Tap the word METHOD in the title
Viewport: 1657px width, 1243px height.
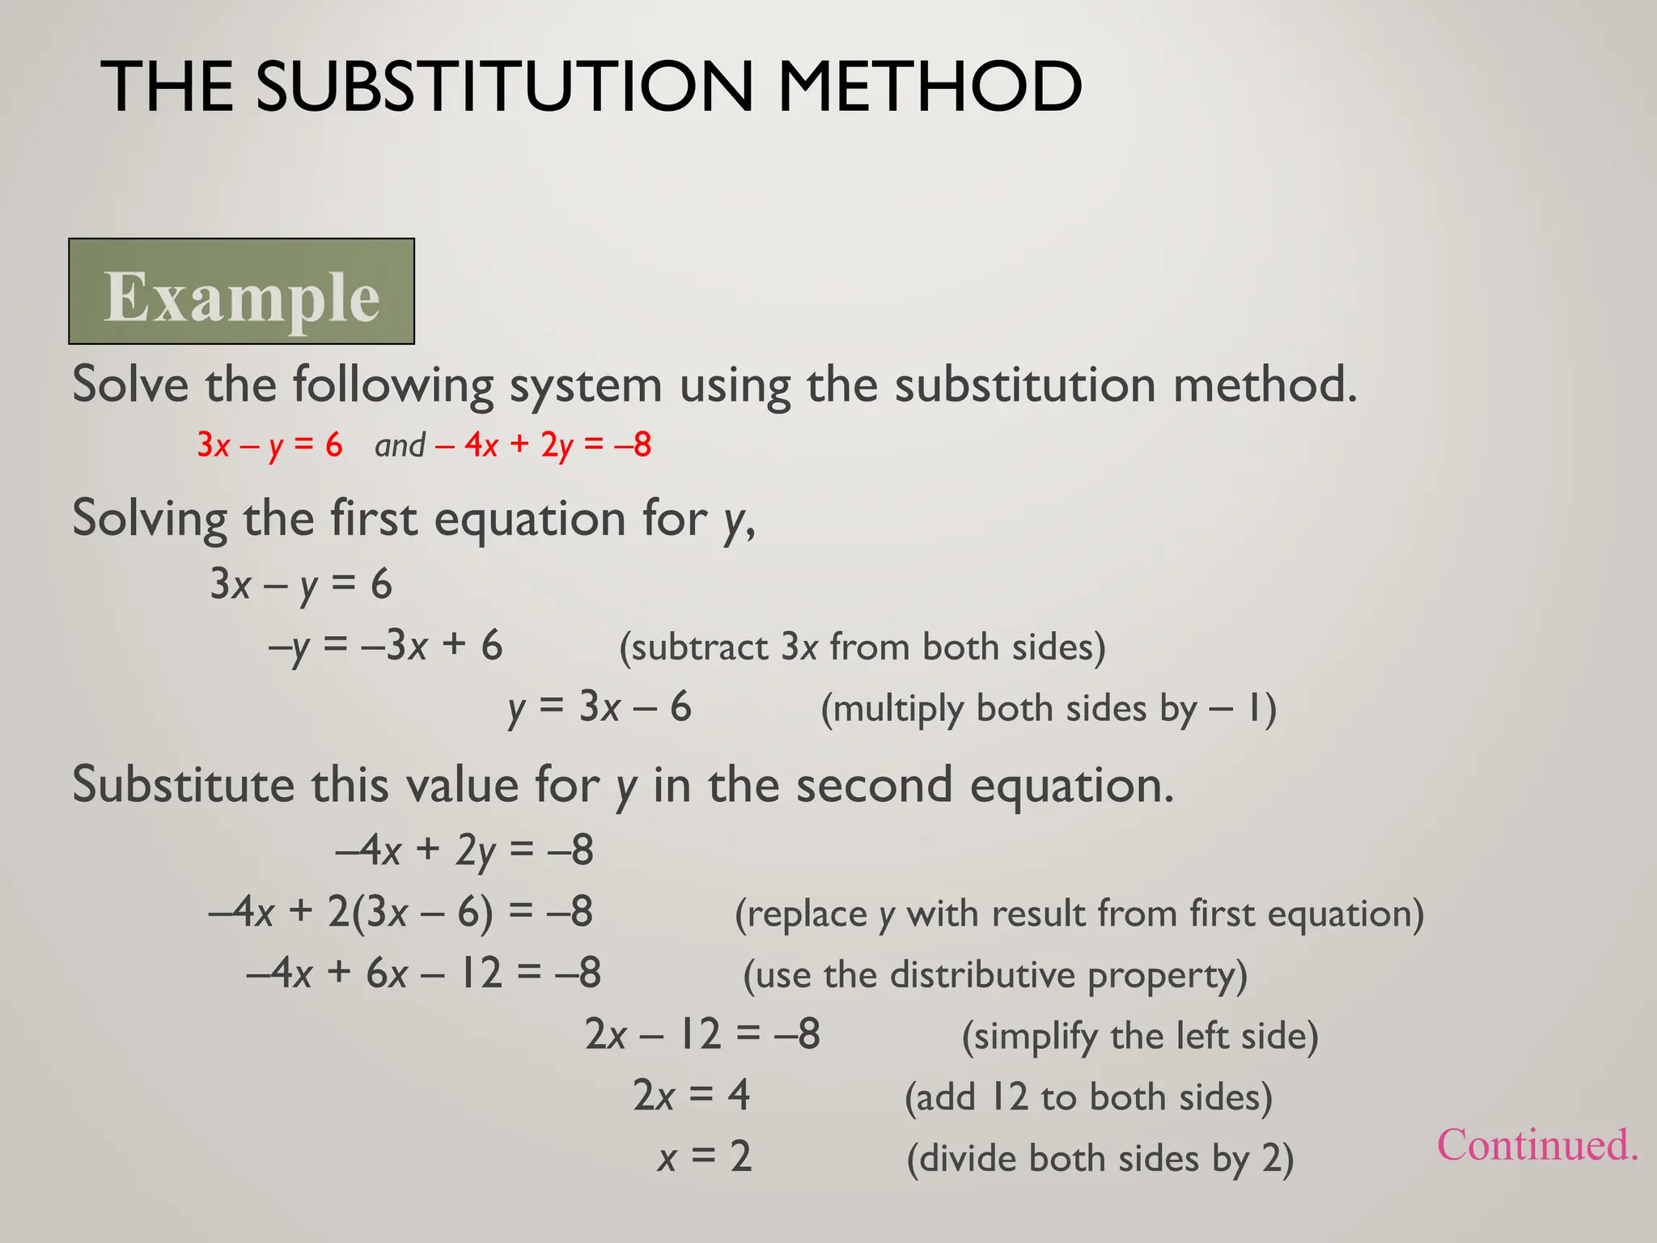tap(929, 87)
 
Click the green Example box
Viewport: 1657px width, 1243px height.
tap(241, 292)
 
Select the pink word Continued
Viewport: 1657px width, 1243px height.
tap(1536, 1145)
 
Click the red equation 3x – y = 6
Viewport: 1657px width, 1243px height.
tap(269, 445)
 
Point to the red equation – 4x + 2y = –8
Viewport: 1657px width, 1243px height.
tap(543, 445)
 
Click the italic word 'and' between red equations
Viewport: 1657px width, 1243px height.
tap(400, 445)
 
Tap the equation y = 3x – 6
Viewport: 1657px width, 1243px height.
tap(600, 707)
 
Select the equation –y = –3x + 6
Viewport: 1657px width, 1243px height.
tap(385, 647)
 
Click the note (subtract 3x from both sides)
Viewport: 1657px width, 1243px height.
tap(862, 647)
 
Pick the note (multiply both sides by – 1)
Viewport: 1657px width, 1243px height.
tap(1049, 709)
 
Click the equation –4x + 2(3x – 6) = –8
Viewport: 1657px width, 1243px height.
tap(400, 912)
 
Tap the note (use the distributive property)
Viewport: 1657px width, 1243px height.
tap(995, 975)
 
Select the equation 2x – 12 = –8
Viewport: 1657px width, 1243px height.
tap(702, 1035)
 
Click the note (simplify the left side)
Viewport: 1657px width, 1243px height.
tap(1140, 1037)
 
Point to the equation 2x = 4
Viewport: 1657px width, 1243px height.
tap(691, 1096)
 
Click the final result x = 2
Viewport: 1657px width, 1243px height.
tap(705, 1157)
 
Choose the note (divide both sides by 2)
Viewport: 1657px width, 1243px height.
tap(1100, 1159)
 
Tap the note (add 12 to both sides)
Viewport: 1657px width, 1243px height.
tap(1088, 1097)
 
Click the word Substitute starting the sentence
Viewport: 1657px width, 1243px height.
tap(183, 785)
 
